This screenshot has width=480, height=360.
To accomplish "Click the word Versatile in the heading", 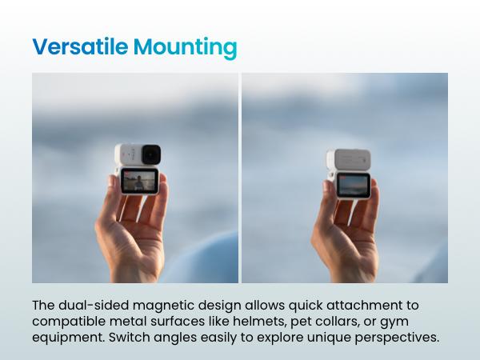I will click(x=79, y=47).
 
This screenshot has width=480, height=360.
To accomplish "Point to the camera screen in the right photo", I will click(x=353, y=186).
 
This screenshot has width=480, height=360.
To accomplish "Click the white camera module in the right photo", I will click(x=346, y=159).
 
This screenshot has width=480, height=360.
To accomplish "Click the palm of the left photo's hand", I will click(x=128, y=240).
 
